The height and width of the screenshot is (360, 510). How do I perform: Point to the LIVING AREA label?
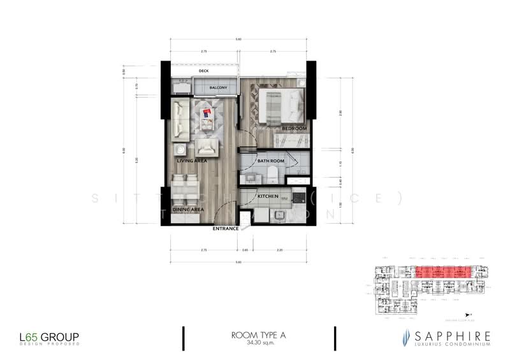(191, 162)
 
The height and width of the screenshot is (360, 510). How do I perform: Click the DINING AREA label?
(187, 209)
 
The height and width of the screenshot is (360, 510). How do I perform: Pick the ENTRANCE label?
(226, 228)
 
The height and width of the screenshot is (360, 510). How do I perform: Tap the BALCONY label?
(201, 87)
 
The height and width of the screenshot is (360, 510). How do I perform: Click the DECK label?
(204, 71)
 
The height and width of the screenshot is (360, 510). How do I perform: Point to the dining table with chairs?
(185, 189)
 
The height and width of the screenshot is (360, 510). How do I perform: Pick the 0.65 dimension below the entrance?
(245, 251)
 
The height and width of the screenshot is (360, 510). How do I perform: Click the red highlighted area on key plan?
(443, 272)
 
